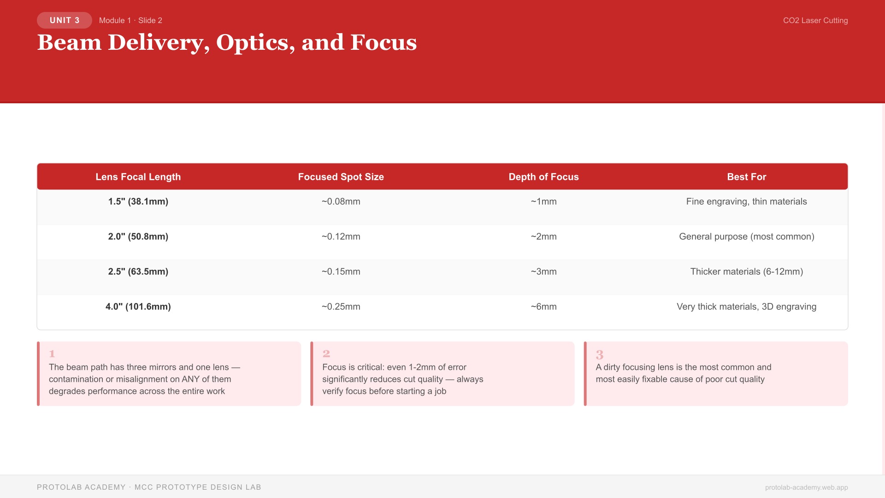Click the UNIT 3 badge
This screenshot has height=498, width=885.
(65, 20)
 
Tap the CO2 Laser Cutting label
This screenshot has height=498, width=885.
(815, 20)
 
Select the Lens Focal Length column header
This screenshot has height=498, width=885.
(138, 177)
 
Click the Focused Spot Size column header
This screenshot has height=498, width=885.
(341, 177)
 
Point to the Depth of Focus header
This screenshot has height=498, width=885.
(543, 177)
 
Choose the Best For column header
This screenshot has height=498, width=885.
(746, 177)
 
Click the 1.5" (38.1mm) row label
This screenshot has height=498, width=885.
(138, 202)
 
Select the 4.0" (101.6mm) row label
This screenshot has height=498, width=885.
(138, 307)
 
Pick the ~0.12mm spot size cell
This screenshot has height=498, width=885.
(341, 237)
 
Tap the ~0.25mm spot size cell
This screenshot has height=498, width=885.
(341, 307)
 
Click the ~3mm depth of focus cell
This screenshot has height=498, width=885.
(543, 272)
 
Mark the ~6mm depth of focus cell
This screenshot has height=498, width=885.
(543, 307)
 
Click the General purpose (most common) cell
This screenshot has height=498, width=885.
(746, 237)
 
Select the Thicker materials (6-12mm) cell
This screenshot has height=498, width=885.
(746, 272)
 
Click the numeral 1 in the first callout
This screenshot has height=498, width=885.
(52, 354)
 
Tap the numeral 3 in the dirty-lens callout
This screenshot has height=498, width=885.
(599, 355)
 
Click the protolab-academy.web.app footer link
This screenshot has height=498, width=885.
(806, 487)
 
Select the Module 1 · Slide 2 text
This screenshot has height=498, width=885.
(130, 20)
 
